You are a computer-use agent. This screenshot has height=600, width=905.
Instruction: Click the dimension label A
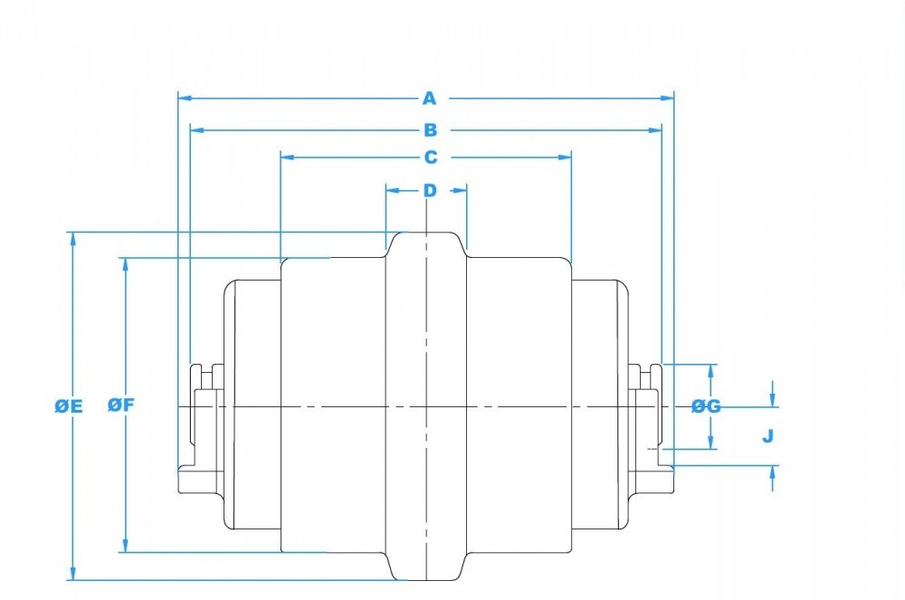click(x=430, y=98)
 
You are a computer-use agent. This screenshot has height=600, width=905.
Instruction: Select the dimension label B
click(x=430, y=129)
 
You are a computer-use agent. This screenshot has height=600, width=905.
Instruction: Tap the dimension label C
click(x=430, y=157)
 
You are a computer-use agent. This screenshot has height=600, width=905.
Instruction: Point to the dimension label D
click(x=430, y=190)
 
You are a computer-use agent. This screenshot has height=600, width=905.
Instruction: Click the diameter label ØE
click(x=68, y=406)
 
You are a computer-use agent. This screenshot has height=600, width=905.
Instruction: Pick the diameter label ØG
click(x=706, y=406)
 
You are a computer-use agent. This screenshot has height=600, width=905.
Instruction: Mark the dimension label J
click(x=767, y=436)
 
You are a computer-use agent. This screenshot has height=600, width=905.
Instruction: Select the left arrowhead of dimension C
click(x=285, y=157)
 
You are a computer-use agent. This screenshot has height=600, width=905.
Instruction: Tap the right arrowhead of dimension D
click(x=462, y=189)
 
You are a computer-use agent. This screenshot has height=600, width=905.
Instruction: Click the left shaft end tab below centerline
click(x=195, y=477)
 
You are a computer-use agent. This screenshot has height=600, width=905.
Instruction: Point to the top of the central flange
click(x=426, y=233)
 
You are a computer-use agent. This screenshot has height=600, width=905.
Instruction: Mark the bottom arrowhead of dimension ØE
click(x=72, y=575)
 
